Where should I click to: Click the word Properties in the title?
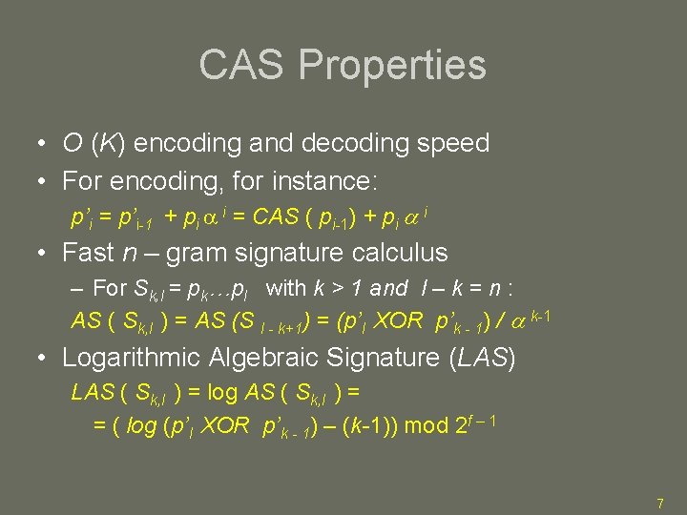point(392,65)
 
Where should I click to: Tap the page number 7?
point(659,503)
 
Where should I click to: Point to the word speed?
point(456,144)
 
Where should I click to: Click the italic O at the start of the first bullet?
point(72,144)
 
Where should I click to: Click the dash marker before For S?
point(77,287)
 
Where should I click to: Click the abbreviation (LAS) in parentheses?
point(484,358)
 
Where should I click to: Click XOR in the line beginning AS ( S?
point(400,321)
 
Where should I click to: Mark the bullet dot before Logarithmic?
point(44,359)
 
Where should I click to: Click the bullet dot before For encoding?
point(44,180)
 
